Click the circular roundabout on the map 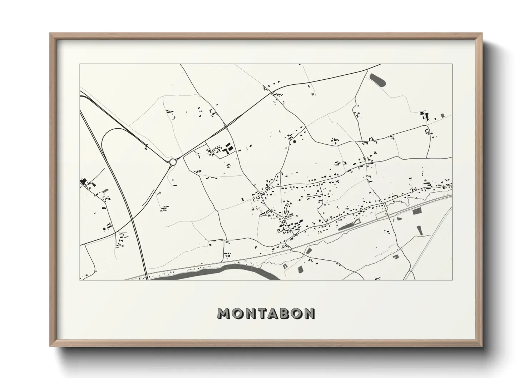point(173,162)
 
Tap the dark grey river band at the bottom point(243,268)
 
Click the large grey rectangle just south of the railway point(417,211)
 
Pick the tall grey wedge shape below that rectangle point(420,230)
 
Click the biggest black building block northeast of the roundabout point(229,147)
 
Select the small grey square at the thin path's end point(313,94)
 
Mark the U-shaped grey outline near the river point(285,266)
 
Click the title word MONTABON point(266,313)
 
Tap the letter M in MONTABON point(224,313)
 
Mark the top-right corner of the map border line point(452,64)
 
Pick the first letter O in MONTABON point(236,313)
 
